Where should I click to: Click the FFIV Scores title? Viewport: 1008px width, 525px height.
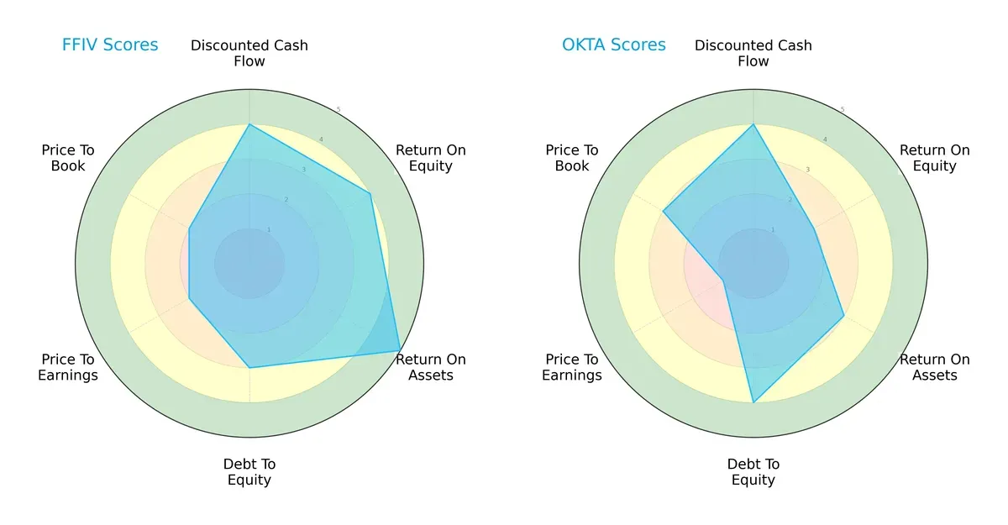pyautogui.click(x=110, y=45)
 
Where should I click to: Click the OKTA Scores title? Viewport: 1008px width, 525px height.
pyautogui.click(x=614, y=45)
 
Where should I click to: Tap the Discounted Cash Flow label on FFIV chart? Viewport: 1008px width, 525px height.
pyautogui.click(x=249, y=53)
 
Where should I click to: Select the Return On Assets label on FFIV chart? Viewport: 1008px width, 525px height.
pyautogui.click(x=431, y=367)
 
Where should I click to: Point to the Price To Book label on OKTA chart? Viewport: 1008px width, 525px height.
pyautogui.click(x=572, y=158)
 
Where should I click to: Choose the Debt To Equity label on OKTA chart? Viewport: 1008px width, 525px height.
pyautogui.click(x=753, y=472)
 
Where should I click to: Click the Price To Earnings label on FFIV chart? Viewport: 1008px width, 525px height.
pyautogui.click(x=68, y=367)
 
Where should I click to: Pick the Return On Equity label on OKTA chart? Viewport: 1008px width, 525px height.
pyautogui.click(x=935, y=158)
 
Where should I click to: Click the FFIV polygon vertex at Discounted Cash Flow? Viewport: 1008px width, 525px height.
pyautogui.click(x=249, y=124)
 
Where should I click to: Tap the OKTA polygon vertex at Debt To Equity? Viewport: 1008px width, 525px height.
pyautogui.click(x=753, y=403)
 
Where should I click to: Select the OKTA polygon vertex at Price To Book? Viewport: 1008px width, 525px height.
pyautogui.click(x=663, y=211)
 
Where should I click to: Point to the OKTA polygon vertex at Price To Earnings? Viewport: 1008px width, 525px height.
pyautogui.click(x=723, y=281)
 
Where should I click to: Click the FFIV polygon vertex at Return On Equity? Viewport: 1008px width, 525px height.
pyautogui.click(x=370, y=194)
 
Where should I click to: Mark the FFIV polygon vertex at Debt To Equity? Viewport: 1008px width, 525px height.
pyautogui.click(x=249, y=368)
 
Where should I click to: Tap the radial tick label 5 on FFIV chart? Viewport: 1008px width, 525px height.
pyautogui.click(x=339, y=109)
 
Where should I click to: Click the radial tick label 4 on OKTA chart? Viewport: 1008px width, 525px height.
pyautogui.click(x=825, y=139)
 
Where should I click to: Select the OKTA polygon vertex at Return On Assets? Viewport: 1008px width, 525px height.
pyautogui.click(x=843, y=316)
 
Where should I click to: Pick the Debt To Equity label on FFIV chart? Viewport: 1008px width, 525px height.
pyautogui.click(x=249, y=472)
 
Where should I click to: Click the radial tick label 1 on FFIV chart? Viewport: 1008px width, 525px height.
pyautogui.click(x=269, y=229)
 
